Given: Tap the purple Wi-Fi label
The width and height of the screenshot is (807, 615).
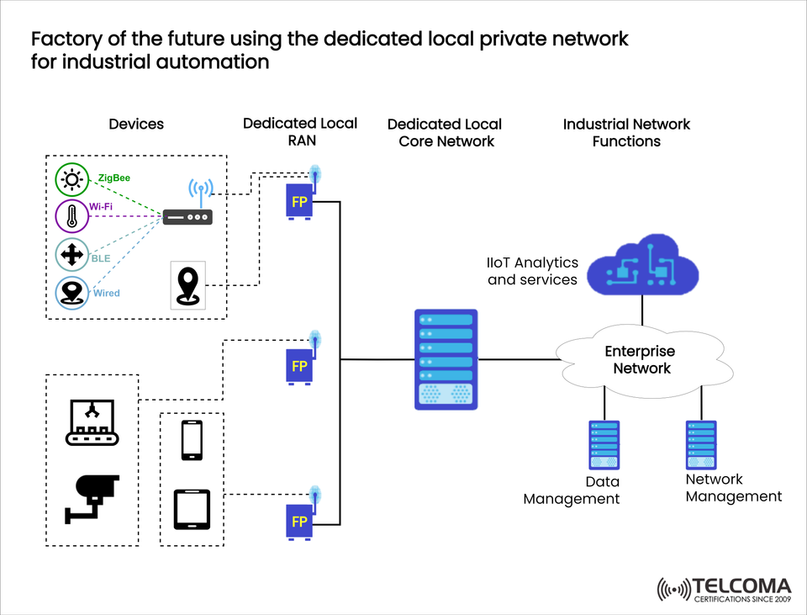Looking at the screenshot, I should [101, 206].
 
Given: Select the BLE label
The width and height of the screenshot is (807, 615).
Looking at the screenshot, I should [101, 259].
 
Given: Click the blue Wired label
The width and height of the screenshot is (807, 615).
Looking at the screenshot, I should [106, 293].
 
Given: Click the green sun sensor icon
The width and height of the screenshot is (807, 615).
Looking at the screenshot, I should [71, 180].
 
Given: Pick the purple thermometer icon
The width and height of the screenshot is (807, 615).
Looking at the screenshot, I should [71, 216].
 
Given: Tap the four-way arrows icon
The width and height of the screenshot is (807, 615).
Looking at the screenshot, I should [71, 254].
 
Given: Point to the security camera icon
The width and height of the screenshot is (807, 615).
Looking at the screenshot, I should [92, 497].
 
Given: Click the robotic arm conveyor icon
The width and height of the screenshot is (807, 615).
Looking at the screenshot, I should [92, 421].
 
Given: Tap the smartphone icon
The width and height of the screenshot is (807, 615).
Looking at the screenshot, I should [192, 440].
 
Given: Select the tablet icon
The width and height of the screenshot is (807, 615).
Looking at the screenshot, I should [192, 509].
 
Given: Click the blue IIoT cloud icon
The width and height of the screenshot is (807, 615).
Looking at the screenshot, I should [643, 266].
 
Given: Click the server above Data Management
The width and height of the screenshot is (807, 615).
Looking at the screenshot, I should [604, 445].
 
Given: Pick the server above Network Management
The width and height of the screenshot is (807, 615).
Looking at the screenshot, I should [700, 445].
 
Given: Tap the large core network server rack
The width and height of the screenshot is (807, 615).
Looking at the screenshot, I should [446, 359].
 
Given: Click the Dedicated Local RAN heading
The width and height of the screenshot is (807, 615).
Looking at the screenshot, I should [300, 132].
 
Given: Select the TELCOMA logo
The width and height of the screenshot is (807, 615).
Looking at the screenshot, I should [724, 590].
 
